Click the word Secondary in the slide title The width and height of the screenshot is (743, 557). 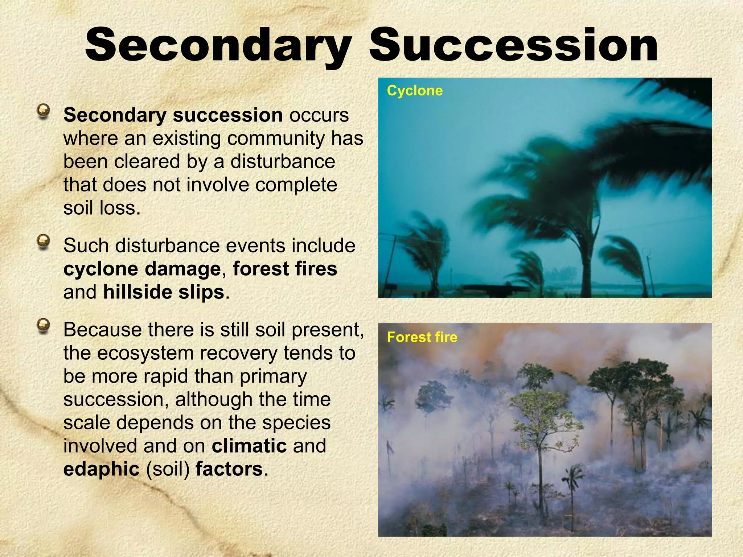point(218,45)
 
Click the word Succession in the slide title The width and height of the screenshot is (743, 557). point(513,45)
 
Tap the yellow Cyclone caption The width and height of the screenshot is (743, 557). point(415,91)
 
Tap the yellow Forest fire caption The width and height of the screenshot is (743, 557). point(422,337)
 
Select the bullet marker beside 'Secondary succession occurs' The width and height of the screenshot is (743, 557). point(44,111)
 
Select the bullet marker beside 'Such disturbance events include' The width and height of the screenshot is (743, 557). point(44,242)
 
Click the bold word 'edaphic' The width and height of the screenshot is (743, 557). point(101,469)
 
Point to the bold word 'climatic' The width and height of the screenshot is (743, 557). point(249,446)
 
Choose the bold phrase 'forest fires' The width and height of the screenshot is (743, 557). point(285,269)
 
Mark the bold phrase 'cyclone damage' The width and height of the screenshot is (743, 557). point(142,269)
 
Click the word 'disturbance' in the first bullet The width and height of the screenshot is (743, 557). point(283,162)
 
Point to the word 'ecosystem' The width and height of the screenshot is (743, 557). point(145,353)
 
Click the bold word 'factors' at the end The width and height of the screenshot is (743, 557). point(229,469)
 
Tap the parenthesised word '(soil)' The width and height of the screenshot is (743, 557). point(168,469)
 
